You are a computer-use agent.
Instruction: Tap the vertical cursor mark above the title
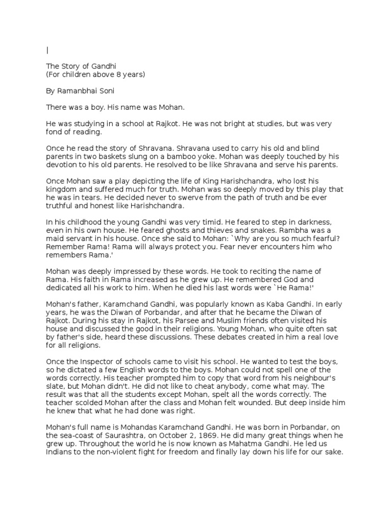click(47, 50)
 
